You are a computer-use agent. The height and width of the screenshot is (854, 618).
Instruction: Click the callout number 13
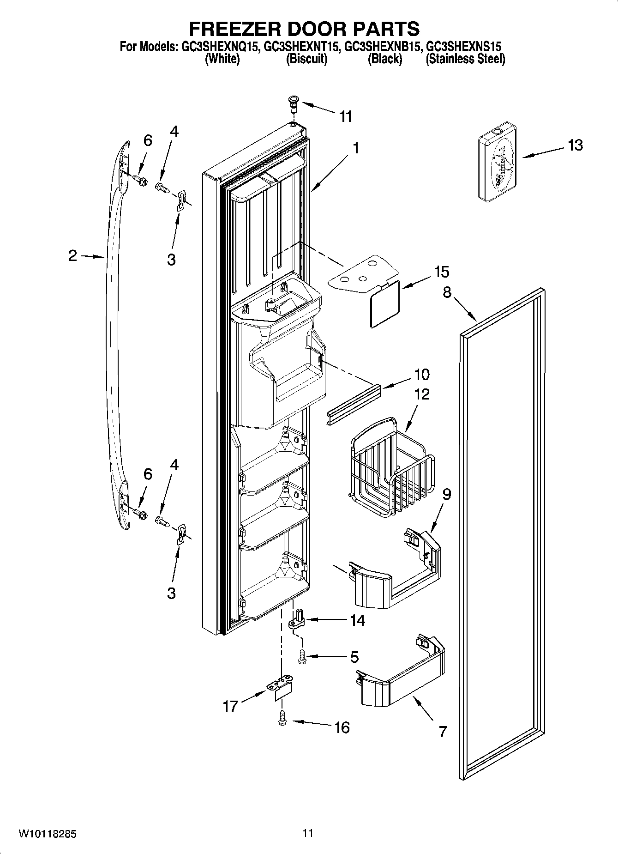click(575, 145)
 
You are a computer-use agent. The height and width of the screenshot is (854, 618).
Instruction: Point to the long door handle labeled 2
click(109, 323)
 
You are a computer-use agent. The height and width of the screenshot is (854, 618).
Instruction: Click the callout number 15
click(442, 272)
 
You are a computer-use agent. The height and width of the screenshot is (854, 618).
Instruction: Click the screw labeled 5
click(302, 656)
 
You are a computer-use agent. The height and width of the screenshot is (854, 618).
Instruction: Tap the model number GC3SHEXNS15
click(463, 47)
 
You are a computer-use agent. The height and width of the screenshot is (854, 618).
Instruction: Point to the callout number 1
click(355, 148)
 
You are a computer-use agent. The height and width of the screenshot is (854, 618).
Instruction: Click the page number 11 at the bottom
click(308, 833)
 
